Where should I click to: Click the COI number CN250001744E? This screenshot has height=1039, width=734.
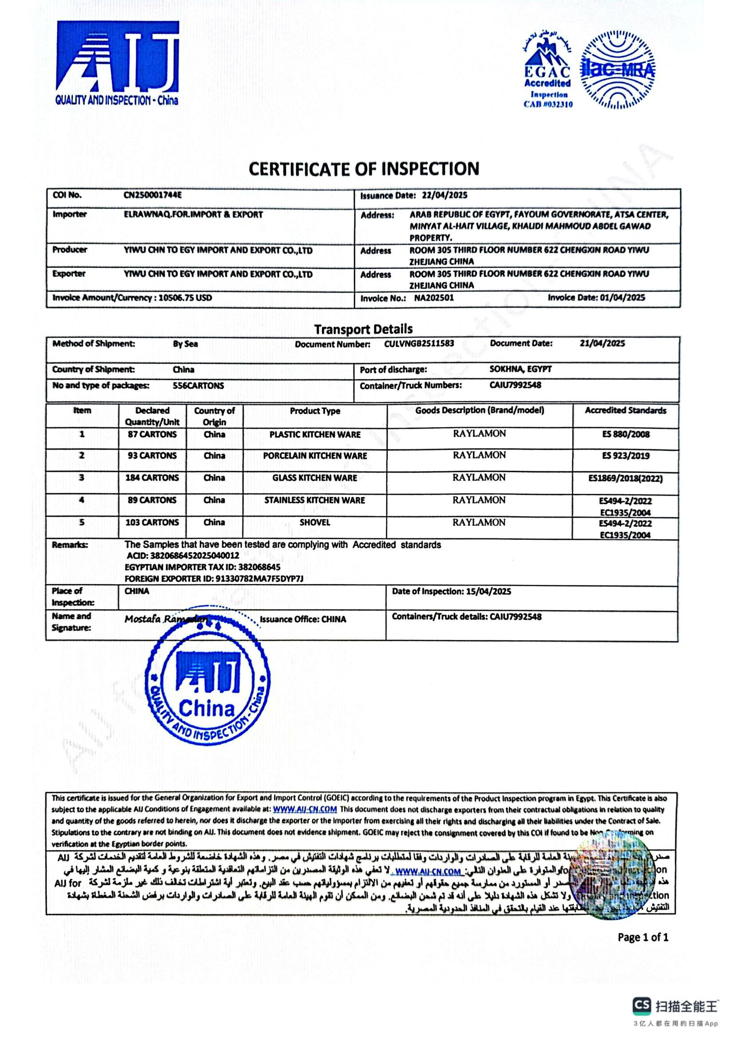152,195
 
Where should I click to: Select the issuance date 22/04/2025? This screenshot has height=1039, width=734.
444,195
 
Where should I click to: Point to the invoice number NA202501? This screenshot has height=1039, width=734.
434,298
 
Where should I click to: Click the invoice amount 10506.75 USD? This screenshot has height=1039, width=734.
185,298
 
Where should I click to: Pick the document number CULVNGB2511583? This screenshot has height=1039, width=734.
419,343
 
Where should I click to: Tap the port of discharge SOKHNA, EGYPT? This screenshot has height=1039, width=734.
520,369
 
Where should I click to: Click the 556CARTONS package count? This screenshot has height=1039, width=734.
198,386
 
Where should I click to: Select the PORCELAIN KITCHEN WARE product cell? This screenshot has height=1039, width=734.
315,456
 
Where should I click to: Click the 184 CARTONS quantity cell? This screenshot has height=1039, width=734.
152,478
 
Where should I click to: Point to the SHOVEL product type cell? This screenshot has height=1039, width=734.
315,522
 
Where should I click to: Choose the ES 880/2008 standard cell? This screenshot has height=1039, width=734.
626,434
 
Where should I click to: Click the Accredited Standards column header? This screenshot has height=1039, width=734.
626,410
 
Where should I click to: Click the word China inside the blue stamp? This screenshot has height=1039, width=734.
206,709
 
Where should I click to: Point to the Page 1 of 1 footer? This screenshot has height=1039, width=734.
643,937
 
